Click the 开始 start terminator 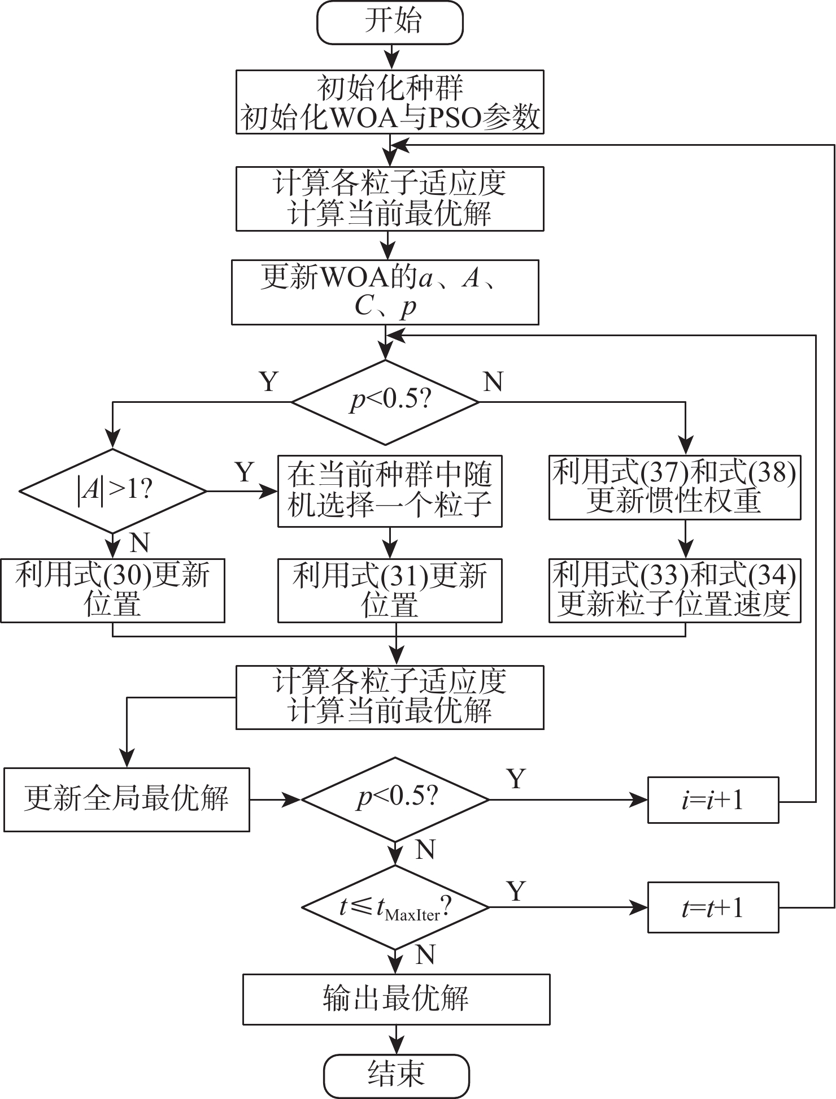(x=390, y=23)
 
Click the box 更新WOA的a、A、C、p (x=385, y=292)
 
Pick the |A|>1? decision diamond (x=113, y=490)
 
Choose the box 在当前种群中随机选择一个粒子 (x=390, y=491)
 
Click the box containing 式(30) (x=112, y=590)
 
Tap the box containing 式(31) (x=390, y=590)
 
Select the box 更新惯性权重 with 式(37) (x=674, y=487)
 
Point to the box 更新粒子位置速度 (x=674, y=590)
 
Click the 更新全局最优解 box (x=127, y=799)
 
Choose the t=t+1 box (x=713, y=907)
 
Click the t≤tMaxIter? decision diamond (x=395, y=907)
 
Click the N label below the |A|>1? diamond (x=139, y=544)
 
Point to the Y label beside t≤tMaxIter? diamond (x=516, y=891)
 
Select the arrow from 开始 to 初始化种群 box (x=390, y=57)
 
